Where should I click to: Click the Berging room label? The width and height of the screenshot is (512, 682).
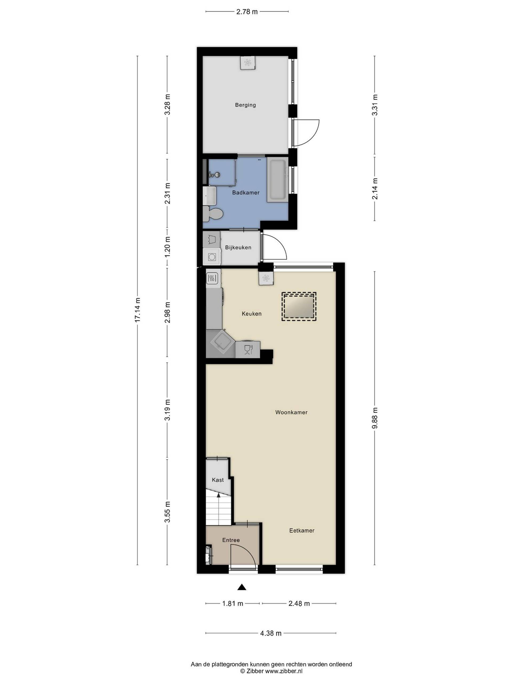(245, 105)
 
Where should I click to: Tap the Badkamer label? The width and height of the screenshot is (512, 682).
(246, 192)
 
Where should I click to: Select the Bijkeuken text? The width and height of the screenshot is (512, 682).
(238, 247)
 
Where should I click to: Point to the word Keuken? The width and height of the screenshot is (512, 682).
(251, 314)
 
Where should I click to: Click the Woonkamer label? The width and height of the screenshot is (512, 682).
(291, 412)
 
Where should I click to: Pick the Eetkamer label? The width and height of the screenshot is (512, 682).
(302, 531)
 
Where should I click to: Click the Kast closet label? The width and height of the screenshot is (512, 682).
(218, 480)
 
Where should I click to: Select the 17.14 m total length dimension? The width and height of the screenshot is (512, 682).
(137, 310)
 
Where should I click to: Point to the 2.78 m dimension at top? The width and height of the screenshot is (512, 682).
(247, 12)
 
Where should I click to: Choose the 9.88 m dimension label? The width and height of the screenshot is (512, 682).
(375, 418)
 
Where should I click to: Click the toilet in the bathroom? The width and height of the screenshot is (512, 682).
(213, 213)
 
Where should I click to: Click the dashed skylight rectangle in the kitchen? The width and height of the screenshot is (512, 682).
(299, 307)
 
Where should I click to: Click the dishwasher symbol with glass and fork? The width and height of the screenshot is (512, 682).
(248, 350)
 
